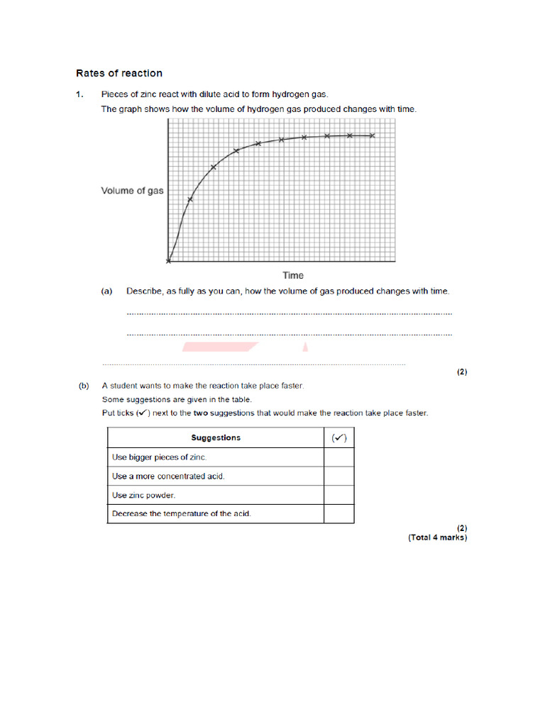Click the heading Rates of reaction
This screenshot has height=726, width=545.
(x=119, y=73)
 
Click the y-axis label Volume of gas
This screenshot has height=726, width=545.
(x=132, y=191)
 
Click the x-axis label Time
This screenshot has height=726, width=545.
(x=292, y=276)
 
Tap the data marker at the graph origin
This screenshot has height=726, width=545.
(x=168, y=261)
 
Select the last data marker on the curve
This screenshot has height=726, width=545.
(x=373, y=135)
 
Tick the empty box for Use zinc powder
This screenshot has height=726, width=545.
(x=338, y=495)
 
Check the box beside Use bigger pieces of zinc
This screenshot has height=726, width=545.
(x=338, y=457)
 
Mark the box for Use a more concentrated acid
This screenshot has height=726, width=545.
(x=338, y=476)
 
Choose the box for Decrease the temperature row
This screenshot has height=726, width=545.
(x=338, y=513)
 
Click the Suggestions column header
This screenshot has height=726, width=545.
(x=216, y=437)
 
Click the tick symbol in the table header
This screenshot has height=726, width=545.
(x=338, y=437)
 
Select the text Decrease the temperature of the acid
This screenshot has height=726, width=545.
(x=181, y=513)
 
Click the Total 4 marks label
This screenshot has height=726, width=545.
(x=437, y=537)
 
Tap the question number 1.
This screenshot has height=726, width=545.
(x=79, y=94)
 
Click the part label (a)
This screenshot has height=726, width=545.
(x=107, y=291)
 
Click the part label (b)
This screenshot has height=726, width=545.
(x=84, y=386)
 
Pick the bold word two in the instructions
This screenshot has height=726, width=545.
(x=201, y=413)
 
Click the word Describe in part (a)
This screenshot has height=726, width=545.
(x=143, y=291)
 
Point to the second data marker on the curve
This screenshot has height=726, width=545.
(x=189, y=199)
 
